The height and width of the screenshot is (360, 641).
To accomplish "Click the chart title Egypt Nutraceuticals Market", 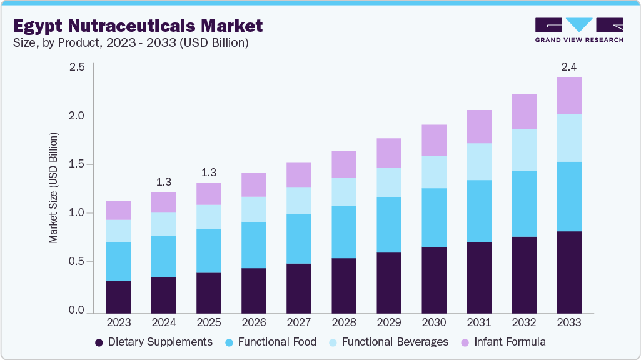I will (138, 26).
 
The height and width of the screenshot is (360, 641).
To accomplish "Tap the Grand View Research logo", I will (578, 30).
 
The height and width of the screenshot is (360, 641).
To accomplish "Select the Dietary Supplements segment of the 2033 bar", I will (569, 272).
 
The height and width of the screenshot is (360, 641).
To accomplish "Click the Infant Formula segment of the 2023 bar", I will (119, 210).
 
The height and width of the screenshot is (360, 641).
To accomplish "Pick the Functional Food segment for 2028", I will (344, 232).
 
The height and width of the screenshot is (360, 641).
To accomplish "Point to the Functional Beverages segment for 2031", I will (479, 161).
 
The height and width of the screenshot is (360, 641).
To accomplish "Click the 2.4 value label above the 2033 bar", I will (569, 67).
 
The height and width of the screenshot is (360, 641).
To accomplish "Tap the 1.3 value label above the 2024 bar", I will (164, 182).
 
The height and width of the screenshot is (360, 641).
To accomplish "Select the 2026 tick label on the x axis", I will (254, 322).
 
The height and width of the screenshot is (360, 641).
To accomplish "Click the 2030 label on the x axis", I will (434, 322).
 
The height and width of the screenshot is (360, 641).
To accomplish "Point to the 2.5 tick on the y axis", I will (76, 67).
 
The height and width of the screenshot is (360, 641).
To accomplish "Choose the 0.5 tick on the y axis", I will (76, 262).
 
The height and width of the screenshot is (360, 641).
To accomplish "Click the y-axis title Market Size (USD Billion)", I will (53, 187).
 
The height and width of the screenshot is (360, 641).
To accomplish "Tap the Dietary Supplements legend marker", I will (99, 342).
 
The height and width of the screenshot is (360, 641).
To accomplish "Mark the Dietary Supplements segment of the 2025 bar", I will (209, 292).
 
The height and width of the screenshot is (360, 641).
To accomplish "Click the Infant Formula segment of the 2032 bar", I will (524, 111).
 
